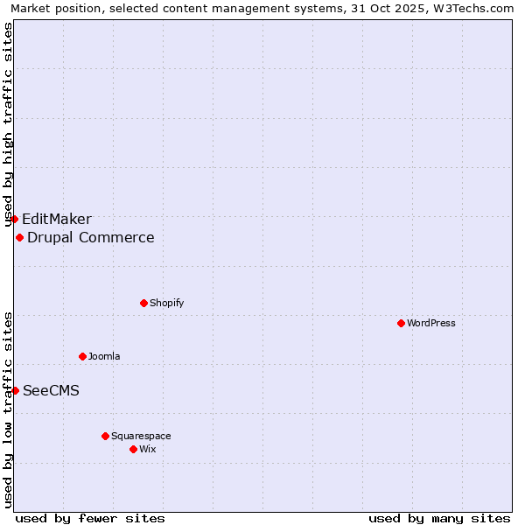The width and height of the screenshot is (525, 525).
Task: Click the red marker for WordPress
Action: coord(401,323)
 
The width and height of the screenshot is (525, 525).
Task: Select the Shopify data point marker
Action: coord(143,303)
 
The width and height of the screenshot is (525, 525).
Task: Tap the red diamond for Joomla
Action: coord(82,356)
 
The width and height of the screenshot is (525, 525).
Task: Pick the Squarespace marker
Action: coord(105,436)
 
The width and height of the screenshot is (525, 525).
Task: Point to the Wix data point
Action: coord(133,449)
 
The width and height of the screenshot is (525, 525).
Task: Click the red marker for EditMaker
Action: coord(15,219)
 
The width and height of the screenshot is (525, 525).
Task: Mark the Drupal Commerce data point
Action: coord(19,237)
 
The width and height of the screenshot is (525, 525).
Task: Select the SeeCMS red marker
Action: coord(15,390)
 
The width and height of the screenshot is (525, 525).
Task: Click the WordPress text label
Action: coord(431,323)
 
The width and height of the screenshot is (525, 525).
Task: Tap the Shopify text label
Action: coord(166,303)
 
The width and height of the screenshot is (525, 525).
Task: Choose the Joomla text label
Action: coord(104,356)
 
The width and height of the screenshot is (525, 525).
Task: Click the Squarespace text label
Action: coord(141,436)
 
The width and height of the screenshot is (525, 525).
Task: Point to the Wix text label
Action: coord(147,449)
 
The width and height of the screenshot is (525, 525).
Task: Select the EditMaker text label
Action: coord(57,219)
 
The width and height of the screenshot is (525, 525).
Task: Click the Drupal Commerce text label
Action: coord(91,237)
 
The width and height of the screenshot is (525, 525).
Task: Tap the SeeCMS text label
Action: coord(51,390)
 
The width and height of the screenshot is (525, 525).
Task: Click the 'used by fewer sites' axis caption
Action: coord(90,518)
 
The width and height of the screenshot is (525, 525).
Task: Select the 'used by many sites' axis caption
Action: coord(439,518)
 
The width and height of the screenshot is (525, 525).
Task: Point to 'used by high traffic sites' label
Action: coord(9,124)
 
